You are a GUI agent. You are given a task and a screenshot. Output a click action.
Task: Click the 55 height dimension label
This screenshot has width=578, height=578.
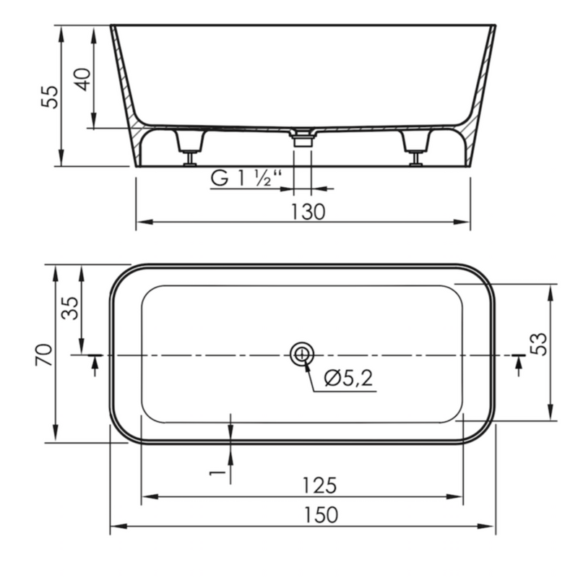pos(48,96)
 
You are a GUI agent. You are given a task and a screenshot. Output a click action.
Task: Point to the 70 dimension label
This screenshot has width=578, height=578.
pos(45,355)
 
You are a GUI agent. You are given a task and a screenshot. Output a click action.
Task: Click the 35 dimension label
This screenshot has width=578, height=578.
pos(69,309)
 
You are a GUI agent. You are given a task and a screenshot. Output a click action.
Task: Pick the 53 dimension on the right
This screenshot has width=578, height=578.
pos(538,344)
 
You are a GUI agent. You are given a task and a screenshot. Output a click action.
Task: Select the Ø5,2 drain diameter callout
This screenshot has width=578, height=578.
pos(349,378)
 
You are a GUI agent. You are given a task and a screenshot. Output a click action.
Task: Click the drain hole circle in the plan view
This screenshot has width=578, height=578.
pos(301,355)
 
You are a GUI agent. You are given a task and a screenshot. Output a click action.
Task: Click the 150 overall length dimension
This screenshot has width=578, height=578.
pos(318,515)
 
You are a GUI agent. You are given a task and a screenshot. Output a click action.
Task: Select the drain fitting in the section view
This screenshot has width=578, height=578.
pos(302,138)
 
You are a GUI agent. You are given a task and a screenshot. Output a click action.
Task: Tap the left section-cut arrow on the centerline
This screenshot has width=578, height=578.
pos(95,363)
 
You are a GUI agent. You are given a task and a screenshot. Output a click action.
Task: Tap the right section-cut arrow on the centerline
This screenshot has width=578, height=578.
pos(517,363)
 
